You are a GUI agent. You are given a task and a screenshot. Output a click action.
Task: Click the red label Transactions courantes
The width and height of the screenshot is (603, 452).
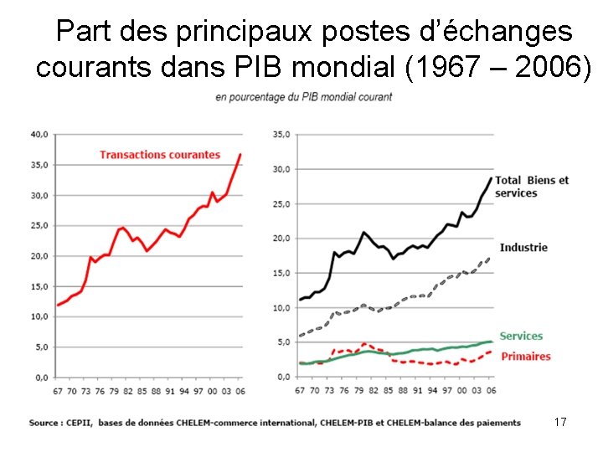pyautogui.click(x=159, y=155)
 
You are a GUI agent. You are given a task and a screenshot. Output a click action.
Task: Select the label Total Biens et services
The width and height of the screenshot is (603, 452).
pyautogui.click(x=531, y=187)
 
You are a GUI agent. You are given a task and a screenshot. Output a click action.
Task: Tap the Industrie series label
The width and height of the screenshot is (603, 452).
pyautogui.click(x=523, y=247)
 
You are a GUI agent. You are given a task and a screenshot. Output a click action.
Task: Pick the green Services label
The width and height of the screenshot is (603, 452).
pyautogui.click(x=521, y=336)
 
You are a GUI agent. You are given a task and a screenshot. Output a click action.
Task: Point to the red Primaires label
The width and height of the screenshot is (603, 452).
pyautogui.click(x=525, y=356)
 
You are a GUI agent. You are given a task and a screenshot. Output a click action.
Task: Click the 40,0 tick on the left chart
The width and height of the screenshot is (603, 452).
pyautogui.click(x=39, y=134)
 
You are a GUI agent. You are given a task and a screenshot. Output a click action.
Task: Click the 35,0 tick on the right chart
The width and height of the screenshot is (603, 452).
pyautogui.click(x=281, y=134)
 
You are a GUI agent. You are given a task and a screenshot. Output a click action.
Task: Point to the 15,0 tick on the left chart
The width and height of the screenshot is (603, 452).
pyautogui.click(x=39, y=286)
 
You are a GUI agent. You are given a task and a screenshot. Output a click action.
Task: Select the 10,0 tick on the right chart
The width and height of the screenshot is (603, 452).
pyautogui.click(x=281, y=307)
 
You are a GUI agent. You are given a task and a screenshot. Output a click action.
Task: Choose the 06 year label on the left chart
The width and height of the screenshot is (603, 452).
pyautogui.click(x=240, y=390)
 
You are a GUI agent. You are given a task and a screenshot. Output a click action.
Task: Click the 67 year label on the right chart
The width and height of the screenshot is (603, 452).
pyautogui.click(x=301, y=390)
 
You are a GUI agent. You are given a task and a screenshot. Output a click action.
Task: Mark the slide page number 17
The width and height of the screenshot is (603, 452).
pyautogui.click(x=560, y=423)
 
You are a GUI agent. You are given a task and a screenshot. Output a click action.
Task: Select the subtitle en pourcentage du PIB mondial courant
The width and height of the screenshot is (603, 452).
pyautogui.click(x=303, y=97)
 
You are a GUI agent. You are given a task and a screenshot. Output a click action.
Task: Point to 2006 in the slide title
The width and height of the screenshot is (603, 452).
pyautogui.click(x=549, y=67)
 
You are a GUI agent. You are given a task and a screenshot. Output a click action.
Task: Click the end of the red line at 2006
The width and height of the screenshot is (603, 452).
pyautogui.click(x=240, y=154)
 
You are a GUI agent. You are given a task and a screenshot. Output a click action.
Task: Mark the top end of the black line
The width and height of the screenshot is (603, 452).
pyautogui.click(x=491, y=177)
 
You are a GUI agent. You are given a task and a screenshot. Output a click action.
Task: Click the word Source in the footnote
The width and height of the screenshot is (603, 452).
pyautogui.click(x=46, y=423)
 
